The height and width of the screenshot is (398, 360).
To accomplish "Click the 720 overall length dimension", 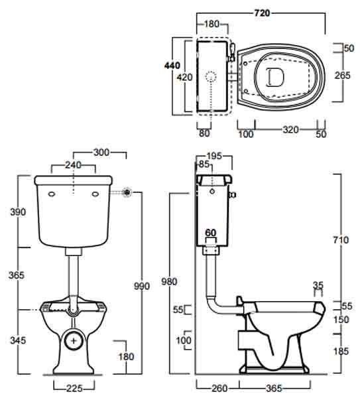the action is pos(262,13).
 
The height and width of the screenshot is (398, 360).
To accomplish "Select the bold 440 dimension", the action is pos(172,66).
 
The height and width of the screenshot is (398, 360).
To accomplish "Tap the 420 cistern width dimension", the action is pos(184,77).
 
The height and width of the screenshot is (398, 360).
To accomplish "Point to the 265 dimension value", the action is pos(342,76).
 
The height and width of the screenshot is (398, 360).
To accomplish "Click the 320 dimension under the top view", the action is pos(290,130).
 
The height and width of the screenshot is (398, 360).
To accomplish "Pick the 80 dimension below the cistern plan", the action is pos(204,133).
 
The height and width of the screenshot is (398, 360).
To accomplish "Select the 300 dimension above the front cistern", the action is pos(101,153).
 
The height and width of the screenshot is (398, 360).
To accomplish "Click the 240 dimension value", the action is pos(73,165).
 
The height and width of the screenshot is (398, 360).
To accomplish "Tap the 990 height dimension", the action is pos(142,287).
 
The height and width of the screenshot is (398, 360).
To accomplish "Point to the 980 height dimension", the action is pos(169,282).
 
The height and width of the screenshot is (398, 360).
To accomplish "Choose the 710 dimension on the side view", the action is pos(341,240).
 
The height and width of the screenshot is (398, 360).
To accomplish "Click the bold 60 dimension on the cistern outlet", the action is pos(211,233).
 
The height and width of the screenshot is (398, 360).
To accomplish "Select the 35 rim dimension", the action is pos(318,285).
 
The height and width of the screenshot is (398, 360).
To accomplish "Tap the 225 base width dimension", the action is pos(74,388).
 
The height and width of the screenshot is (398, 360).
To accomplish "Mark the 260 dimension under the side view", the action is pos(219,388).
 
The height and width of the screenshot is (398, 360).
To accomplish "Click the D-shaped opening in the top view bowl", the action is pos(274,77).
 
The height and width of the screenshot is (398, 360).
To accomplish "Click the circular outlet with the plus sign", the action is pos(74,340).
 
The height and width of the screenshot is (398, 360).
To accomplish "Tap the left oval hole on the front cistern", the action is pos(52,194).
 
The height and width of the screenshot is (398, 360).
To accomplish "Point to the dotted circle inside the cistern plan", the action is pos(211,76).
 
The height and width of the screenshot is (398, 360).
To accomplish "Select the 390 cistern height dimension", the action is pos(18,212).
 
